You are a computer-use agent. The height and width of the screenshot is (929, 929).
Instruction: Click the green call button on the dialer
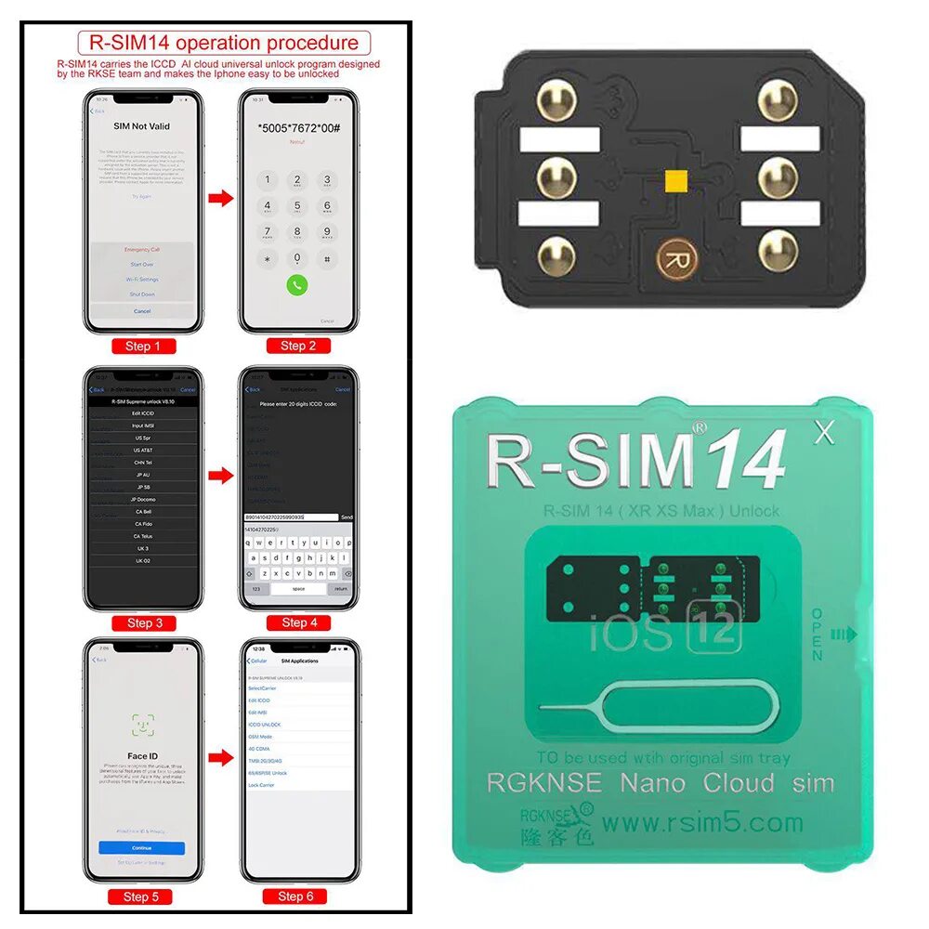(x=296, y=285)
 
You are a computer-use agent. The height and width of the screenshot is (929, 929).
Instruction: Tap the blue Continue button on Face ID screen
(x=142, y=848)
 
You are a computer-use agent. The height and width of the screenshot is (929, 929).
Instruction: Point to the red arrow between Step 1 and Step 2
(x=219, y=198)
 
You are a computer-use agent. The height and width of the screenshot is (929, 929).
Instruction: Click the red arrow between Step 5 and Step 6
(x=219, y=757)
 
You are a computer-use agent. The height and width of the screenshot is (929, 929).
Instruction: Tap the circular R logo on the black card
(x=674, y=259)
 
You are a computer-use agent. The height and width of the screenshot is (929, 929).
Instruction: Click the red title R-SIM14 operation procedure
(x=223, y=43)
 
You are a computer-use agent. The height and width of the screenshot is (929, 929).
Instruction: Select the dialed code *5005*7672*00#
(x=297, y=127)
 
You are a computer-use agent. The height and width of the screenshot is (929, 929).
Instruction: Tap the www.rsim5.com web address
(x=701, y=822)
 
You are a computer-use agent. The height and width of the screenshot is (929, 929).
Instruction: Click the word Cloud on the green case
(x=739, y=782)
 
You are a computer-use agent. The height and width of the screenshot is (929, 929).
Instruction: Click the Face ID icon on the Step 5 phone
(x=142, y=725)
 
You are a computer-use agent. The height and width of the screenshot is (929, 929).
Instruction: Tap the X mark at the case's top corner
(x=822, y=433)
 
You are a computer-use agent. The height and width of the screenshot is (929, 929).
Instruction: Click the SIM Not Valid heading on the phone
(x=142, y=126)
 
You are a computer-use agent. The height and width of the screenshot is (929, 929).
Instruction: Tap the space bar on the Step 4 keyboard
(x=298, y=589)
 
